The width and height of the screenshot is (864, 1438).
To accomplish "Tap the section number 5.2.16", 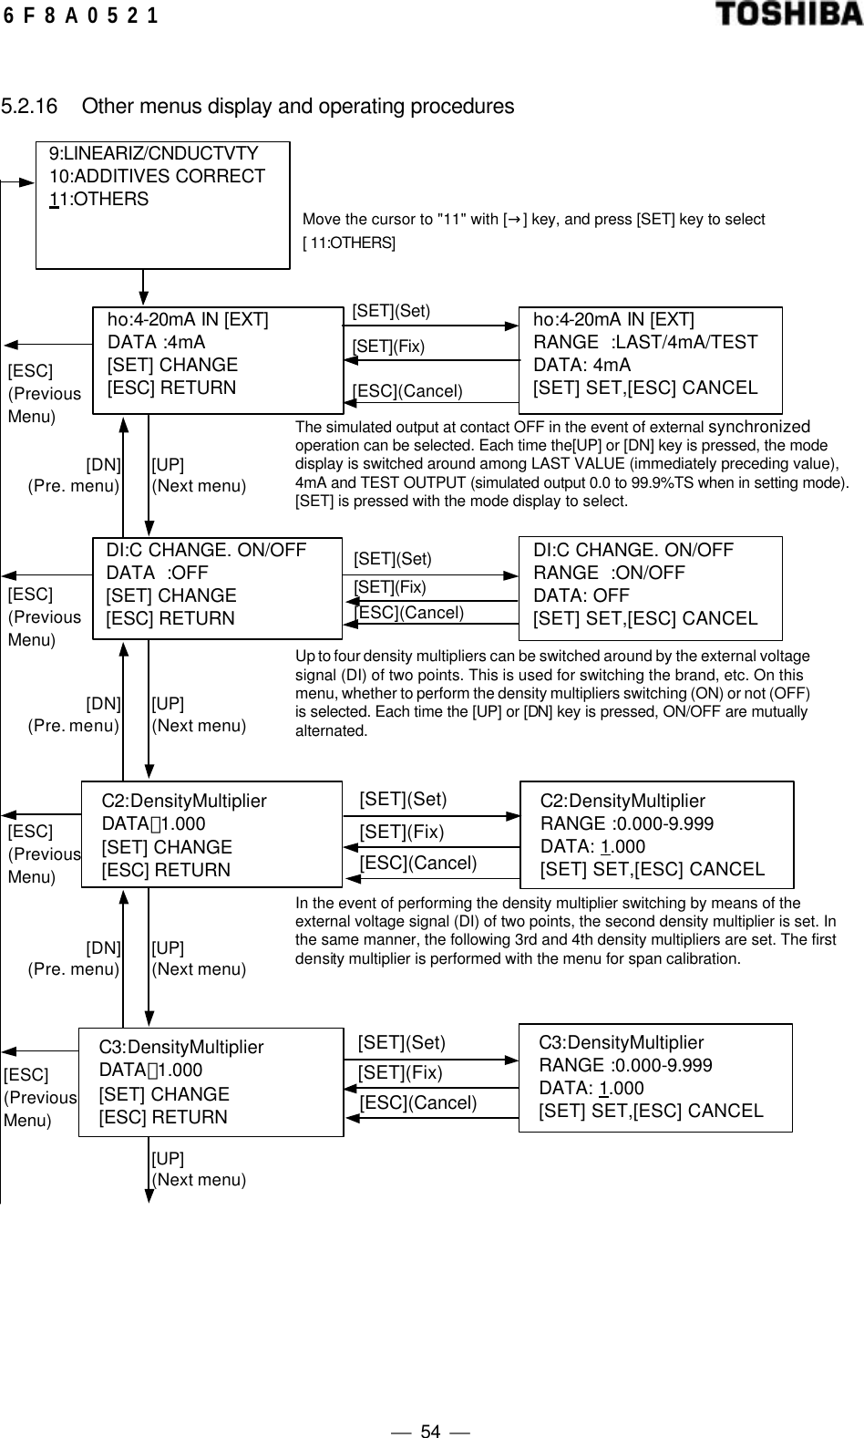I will click(29, 107).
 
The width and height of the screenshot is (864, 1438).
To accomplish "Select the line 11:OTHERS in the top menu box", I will click(98, 199).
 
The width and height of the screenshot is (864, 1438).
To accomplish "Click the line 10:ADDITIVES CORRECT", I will click(157, 176).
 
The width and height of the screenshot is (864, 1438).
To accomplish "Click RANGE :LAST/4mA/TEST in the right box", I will click(645, 342).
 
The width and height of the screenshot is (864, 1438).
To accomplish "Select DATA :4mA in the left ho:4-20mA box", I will click(156, 342).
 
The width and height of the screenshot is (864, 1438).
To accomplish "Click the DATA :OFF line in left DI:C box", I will click(157, 573).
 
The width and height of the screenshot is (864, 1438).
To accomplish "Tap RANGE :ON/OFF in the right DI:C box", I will click(609, 573).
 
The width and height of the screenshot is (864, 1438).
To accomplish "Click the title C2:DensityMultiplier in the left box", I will click(184, 801).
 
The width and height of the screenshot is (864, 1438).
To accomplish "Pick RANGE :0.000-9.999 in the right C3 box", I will click(625, 1065).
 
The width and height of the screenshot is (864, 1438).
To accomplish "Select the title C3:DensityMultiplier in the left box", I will click(181, 1048).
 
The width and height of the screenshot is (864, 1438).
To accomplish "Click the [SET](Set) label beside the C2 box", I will click(403, 800).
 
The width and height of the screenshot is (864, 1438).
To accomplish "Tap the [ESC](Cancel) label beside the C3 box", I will click(418, 1102).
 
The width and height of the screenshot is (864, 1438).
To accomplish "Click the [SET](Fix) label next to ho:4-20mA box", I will click(388, 347).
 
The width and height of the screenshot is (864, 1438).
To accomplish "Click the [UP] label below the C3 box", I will click(168, 1158).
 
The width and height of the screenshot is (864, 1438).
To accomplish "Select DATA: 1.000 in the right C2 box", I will click(592, 846).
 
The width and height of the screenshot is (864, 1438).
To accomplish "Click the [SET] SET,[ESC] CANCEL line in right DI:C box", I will click(645, 618).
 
